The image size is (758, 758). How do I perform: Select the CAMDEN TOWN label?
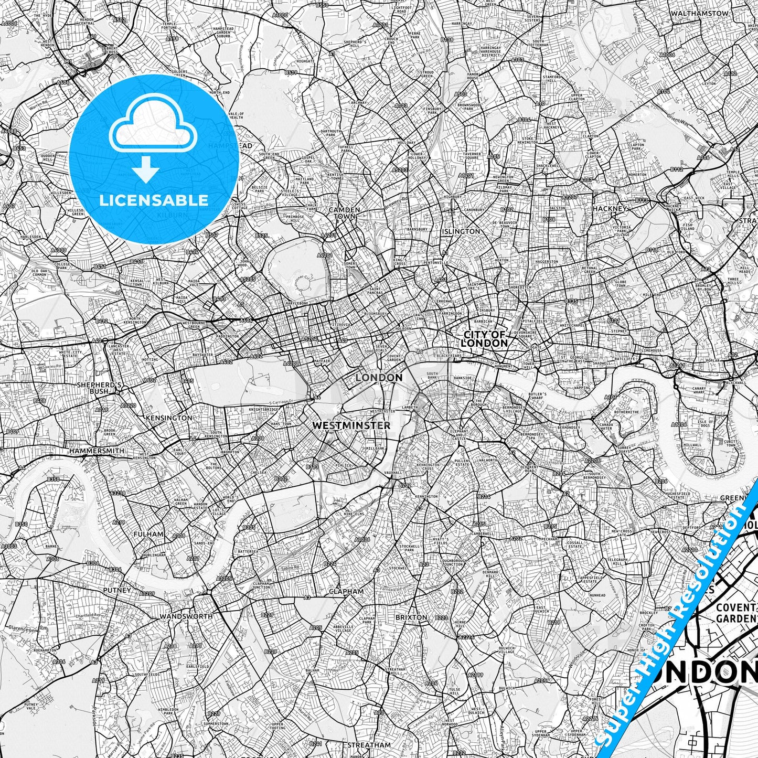(345, 212)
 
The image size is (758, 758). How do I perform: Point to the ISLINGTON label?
(461, 231)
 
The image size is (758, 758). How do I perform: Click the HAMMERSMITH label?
(97, 451)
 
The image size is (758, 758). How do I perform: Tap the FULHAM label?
(148, 534)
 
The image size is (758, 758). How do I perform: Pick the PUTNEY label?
(118, 590)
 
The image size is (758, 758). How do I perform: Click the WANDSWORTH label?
(186, 616)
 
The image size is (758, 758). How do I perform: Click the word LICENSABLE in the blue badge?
(154, 200)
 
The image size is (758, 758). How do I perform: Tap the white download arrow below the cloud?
(146, 170)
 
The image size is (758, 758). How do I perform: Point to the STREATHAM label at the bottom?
(369, 745)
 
